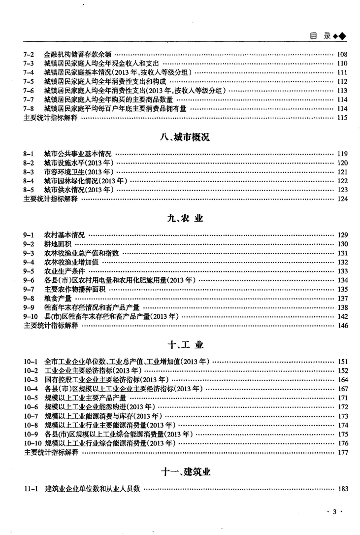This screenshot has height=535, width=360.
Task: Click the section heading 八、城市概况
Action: point(185,138)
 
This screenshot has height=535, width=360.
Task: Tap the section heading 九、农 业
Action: point(185,219)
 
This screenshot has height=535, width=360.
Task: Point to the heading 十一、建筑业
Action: point(185,472)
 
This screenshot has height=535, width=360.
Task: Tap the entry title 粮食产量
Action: point(57,299)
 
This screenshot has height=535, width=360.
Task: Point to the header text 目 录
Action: point(320,36)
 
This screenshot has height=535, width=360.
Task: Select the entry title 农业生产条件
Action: point(64,271)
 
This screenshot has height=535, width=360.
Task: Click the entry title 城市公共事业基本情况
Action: point(78,154)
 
